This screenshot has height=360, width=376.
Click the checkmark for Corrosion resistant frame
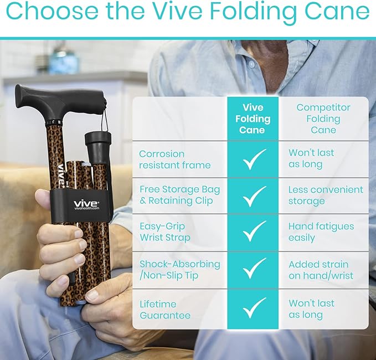tap(254, 159)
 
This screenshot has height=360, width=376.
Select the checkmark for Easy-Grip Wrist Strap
tap(254, 232)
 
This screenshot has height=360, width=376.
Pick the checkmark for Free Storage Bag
tap(254, 196)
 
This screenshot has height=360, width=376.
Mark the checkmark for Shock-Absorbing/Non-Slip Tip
tap(254, 270)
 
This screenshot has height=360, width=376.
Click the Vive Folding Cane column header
tap(253, 119)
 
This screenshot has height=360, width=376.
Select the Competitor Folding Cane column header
tap(323, 119)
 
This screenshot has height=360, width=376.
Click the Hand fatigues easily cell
tap(321, 232)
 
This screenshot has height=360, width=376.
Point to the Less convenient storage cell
tap(326, 195)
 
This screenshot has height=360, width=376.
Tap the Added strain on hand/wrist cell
tap(321, 270)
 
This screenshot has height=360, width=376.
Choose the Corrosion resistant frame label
tap(174, 160)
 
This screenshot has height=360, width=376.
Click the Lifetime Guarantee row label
tap(165, 310)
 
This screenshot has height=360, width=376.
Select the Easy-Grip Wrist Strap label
tap(165, 232)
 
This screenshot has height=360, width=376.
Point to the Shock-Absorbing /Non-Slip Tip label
tap(179, 270)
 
